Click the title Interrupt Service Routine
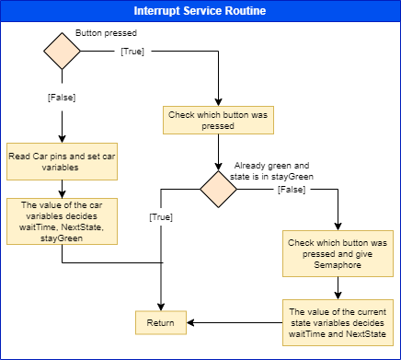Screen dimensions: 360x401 200,10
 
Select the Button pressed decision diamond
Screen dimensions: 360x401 62,53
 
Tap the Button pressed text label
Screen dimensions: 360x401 100,32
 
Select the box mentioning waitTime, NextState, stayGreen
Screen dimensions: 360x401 62,221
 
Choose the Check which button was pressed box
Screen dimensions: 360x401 217,122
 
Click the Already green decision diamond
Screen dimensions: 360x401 218,188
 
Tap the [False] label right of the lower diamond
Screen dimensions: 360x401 292,189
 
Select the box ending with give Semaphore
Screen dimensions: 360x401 338,253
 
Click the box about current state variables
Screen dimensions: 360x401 338,323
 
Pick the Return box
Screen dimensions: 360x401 162,323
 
